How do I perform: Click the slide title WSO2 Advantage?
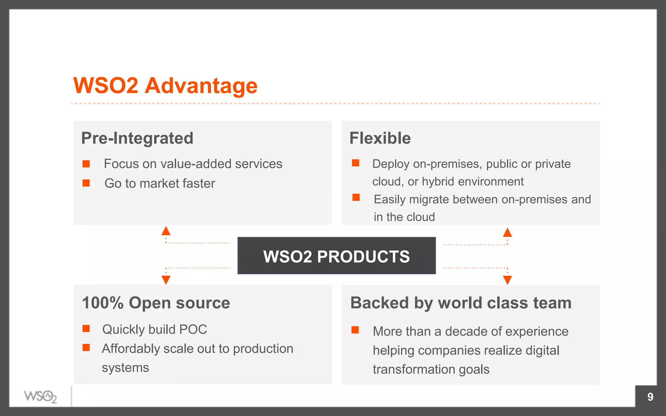(x=165, y=86)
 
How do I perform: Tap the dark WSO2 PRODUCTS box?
(x=337, y=256)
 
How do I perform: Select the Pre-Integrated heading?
(x=137, y=138)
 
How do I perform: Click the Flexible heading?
(x=380, y=138)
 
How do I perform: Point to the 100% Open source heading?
(x=156, y=303)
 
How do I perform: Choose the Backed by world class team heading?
(x=461, y=303)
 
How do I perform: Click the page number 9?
(x=650, y=397)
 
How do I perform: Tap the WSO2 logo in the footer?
(x=40, y=396)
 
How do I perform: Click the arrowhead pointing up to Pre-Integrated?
(x=166, y=231)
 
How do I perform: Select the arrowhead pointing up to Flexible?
(x=507, y=233)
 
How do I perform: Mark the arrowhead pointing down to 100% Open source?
(x=166, y=279)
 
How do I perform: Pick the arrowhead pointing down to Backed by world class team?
(x=507, y=279)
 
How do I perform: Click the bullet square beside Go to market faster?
(x=86, y=183)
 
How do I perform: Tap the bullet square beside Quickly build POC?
(x=86, y=329)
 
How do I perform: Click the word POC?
(x=193, y=330)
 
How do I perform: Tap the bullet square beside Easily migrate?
(x=356, y=197)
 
